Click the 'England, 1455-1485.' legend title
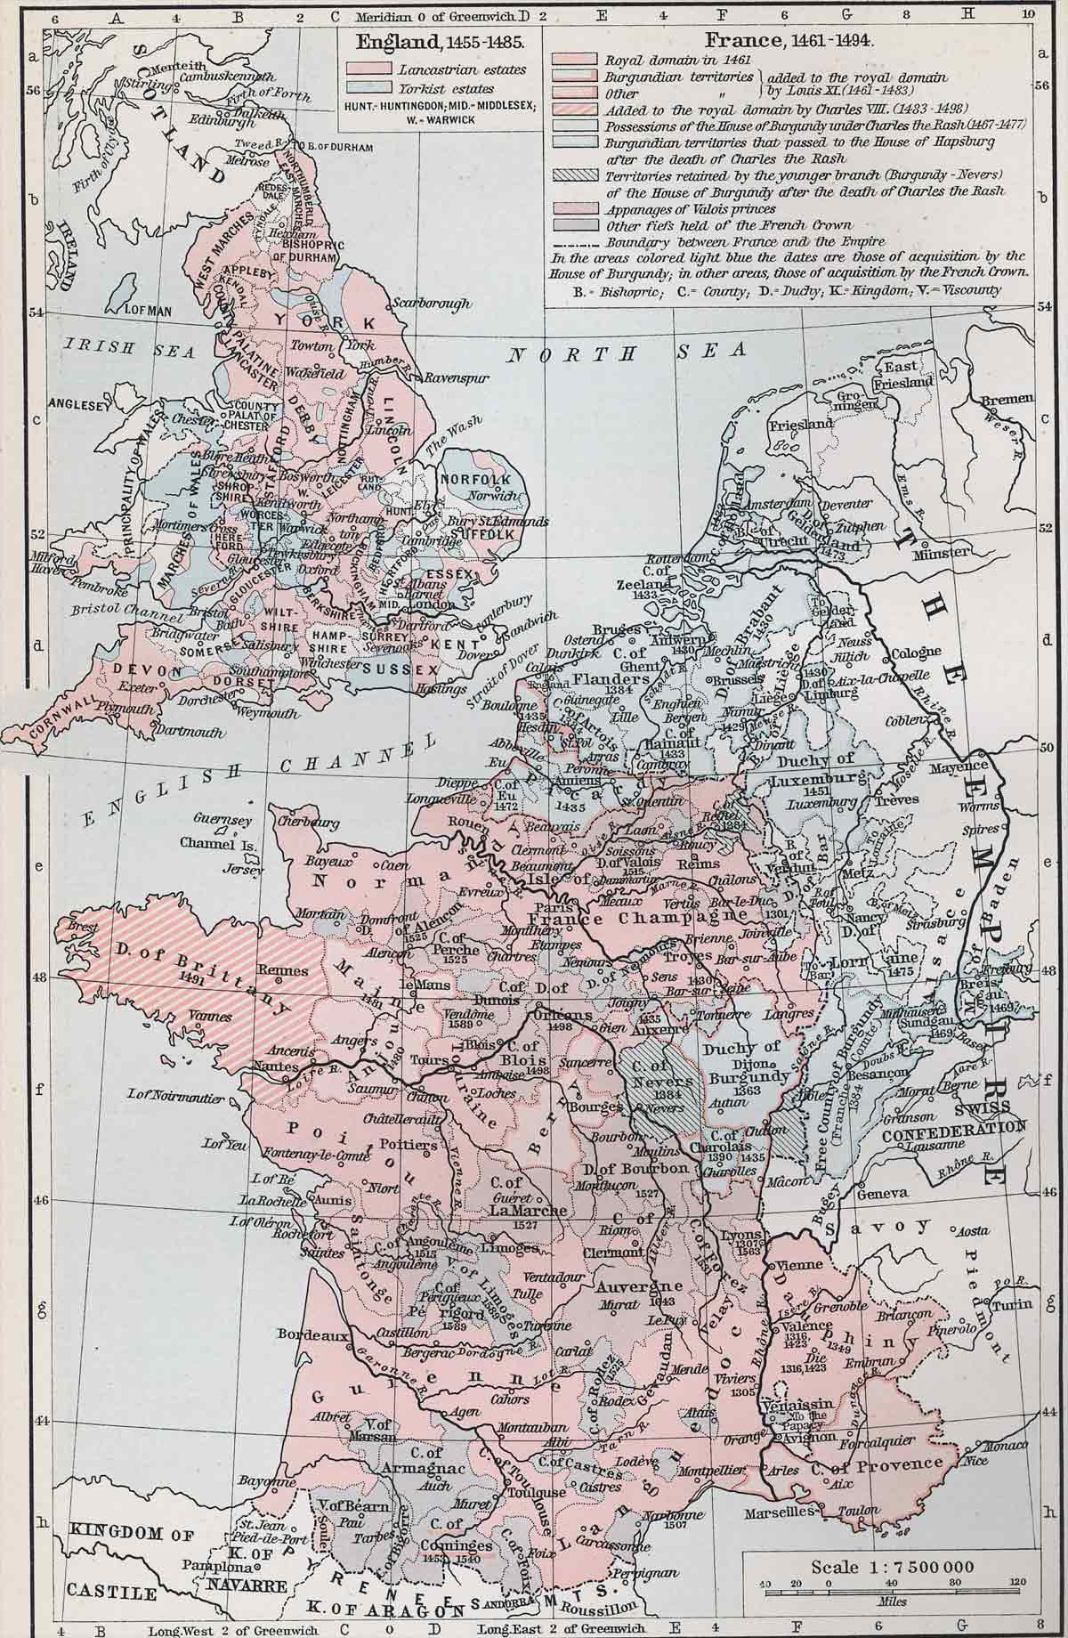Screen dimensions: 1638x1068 click(x=440, y=41)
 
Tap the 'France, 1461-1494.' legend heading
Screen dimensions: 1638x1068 click(x=789, y=41)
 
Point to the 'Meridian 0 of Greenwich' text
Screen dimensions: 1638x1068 click(x=423, y=15)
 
